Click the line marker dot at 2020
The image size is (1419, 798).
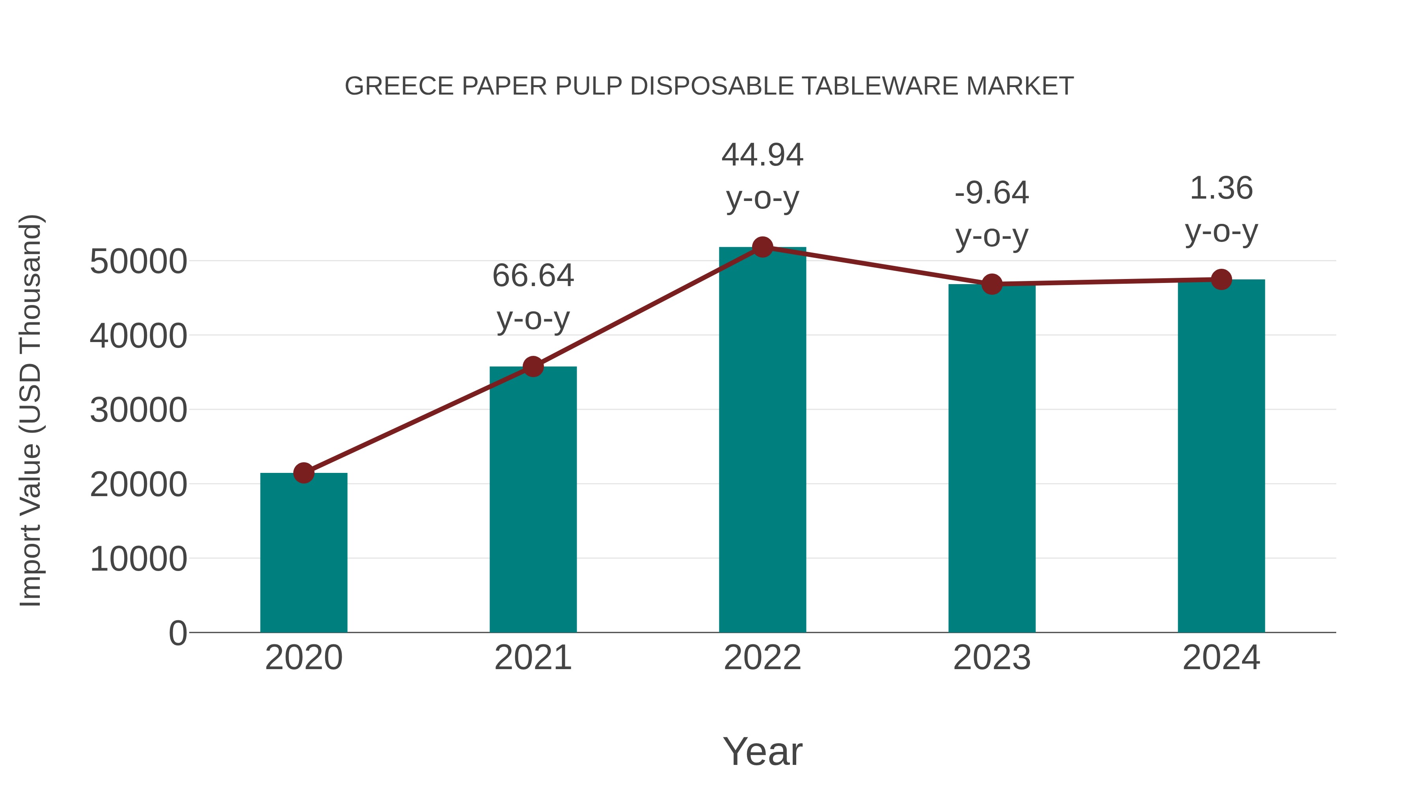tap(304, 472)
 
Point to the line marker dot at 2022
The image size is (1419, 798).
tap(762, 247)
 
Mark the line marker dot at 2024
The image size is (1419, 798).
tap(1221, 280)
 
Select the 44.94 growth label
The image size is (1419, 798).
tap(762, 176)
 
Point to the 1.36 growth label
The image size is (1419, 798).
tap(1221, 209)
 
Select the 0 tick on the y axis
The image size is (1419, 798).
tap(178, 633)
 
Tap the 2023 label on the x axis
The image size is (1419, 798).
tap(992, 658)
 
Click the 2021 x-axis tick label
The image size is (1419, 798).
tap(533, 658)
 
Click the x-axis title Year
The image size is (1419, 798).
tap(762, 751)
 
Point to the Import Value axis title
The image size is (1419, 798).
tap(30, 410)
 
